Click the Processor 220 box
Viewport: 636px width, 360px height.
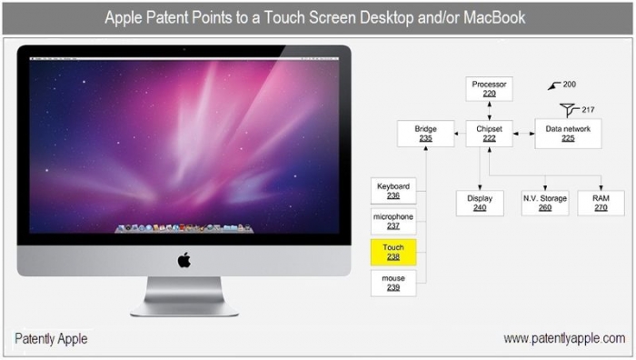click(489, 89)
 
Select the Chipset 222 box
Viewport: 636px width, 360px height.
click(489, 134)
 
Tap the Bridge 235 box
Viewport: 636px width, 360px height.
click(425, 134)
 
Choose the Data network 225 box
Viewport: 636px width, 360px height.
click(568, 134)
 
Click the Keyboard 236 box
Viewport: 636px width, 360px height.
click(393, 191)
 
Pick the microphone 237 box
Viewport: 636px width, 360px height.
click(393, 221)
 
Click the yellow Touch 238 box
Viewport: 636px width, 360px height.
click(393, 252)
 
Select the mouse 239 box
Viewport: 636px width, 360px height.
click(393, 283)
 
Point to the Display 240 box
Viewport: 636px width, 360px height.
click(480, 203)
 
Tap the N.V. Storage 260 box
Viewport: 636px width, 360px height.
click(545, 203)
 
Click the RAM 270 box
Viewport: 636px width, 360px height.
click(601, 203)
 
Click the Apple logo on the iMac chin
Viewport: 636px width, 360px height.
click(184, 260)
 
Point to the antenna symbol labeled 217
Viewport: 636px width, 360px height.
click(569, 109)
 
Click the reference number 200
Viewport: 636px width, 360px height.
click(569, 85)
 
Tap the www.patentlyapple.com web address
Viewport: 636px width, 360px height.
click(564, 338)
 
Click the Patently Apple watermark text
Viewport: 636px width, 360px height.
click(51, 338)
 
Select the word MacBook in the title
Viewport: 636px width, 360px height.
click(494, 17)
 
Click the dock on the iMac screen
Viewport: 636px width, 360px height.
click(184, 228)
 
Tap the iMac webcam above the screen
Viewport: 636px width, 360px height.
click(184, 49)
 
